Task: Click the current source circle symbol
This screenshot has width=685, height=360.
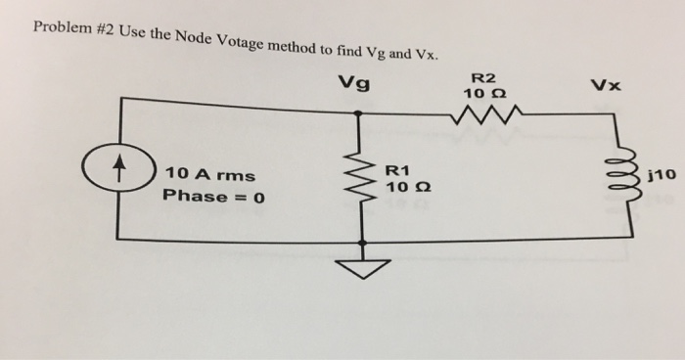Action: point(119,178)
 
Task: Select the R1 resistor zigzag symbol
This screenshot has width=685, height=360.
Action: point(361,179)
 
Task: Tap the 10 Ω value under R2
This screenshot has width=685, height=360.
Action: point(484,94)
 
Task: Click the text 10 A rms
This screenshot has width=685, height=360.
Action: point(210,174)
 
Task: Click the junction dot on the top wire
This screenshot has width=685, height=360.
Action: point(360,112)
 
